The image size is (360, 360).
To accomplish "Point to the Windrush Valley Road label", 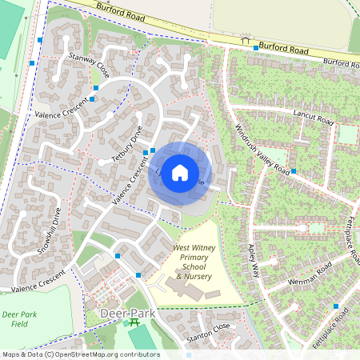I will point(262,150).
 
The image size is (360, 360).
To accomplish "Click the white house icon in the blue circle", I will point(180,173).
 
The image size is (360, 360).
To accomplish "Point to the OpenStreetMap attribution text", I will point(80,354).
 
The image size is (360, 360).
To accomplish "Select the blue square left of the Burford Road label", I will point(256,48).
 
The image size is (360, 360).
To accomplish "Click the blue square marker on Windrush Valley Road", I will point(294,171).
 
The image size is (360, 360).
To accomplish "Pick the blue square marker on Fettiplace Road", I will point(336,306).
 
